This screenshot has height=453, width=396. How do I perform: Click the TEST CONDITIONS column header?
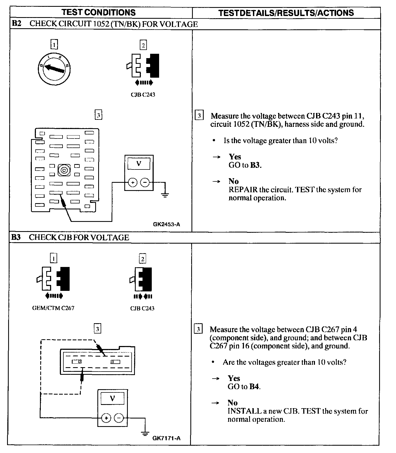tap(98, 12)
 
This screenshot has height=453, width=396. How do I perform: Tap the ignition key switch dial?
tap(54, 68)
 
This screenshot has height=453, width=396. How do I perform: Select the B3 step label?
tap(16, 237)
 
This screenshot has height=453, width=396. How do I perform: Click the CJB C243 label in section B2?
tap(143, 95)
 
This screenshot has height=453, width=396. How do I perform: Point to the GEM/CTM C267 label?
tap(53, 308)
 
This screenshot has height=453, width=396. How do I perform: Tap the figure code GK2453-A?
tap(166, 224)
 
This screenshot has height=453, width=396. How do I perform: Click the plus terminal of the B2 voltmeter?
tap(132, 183)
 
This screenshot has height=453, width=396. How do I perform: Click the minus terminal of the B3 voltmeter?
tap(119, 418)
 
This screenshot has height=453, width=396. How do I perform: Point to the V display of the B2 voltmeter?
tap(139, 164)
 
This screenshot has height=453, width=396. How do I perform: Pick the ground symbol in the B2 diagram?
tap(165, 194)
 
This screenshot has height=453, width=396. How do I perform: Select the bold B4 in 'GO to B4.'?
tap(254, 386)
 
